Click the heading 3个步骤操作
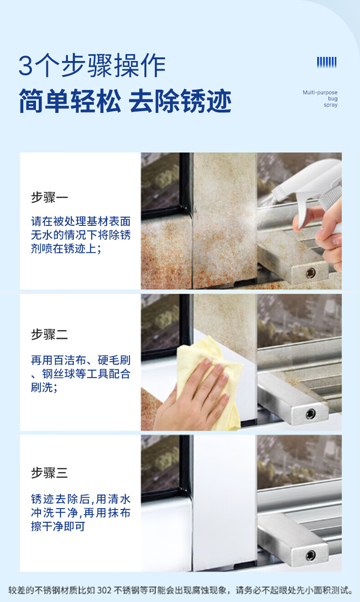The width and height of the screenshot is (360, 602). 92,65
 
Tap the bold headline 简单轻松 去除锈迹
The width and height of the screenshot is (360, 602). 125,101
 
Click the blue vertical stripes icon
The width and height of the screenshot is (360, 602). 327,62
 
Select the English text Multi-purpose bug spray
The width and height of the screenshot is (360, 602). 320,99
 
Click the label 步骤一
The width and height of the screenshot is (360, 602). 50,198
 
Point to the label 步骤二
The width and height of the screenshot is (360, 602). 50,335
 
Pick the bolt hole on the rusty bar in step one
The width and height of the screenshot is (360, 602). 311,273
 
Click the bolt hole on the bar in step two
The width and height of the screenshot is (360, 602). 311,414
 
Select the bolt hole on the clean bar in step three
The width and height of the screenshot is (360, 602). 311,555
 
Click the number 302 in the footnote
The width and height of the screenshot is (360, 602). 104,590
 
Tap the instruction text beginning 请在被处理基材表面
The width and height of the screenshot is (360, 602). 81,235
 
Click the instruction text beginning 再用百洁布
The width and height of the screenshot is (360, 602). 81,373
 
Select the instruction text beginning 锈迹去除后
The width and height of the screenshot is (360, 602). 81,512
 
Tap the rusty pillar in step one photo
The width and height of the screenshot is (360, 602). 225,220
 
